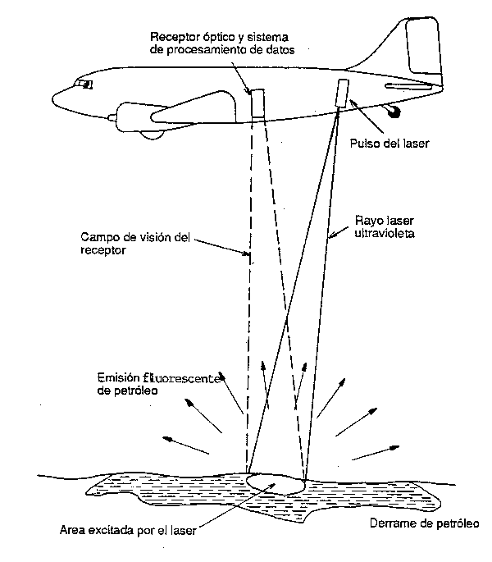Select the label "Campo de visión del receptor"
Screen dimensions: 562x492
[135, 244]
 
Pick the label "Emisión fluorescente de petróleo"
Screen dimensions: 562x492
[156, 385]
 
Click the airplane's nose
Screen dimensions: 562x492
[57, 98]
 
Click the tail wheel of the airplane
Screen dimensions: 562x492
[396, 111]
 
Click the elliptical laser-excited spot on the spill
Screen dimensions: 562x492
[276, 483]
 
